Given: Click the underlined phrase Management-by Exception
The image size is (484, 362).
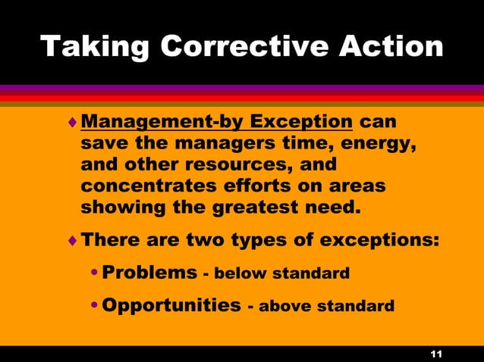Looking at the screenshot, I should click(x=216, y=122).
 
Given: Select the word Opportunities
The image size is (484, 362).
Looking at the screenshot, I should click(x=171, y=305).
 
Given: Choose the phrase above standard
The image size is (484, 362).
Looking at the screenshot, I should click(x=326, y=307).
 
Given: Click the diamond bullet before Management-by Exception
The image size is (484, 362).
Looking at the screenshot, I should click(x=72, y=122).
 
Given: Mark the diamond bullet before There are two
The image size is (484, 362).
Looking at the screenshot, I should click(x=72, y=242).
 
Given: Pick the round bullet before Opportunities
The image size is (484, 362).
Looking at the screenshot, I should click(x=94, y=306).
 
